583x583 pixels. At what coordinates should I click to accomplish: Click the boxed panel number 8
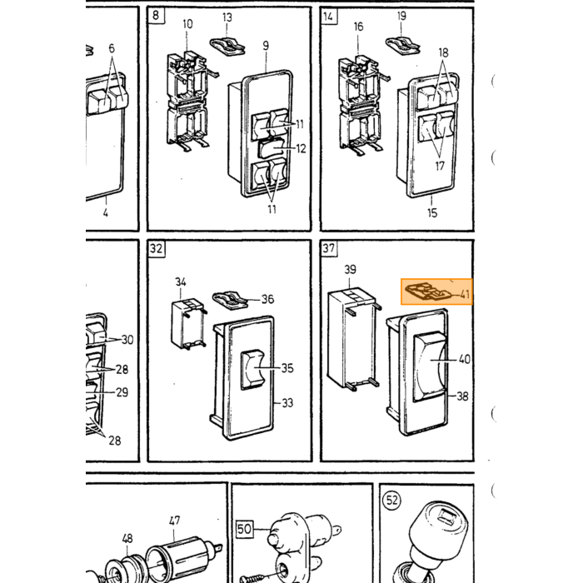coord(156,15)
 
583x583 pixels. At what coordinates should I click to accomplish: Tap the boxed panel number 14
coord(328,17)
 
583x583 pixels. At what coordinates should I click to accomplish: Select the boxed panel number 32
coord(157,248)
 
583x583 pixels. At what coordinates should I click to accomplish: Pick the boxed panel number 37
coord(329,247)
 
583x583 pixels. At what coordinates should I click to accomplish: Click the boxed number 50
coord(244,529)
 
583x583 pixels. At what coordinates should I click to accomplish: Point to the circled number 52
coord(392,500)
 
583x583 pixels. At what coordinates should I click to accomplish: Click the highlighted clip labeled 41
coord(427,291)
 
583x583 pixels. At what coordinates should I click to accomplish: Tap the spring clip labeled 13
coord(227,47)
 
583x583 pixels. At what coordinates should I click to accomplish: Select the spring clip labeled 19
coord(402,46)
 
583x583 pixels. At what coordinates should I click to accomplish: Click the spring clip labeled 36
coord(231,300)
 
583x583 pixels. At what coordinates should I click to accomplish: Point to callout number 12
coord(301,149)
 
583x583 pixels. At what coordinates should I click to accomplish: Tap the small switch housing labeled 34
coord(187,324)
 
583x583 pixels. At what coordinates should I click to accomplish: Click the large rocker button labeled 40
coord(429,367)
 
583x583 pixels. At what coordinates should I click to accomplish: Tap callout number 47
coord(174,521)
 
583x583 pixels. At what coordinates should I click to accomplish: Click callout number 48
coord(127,538)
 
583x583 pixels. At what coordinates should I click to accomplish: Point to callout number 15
coord(432,213)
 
